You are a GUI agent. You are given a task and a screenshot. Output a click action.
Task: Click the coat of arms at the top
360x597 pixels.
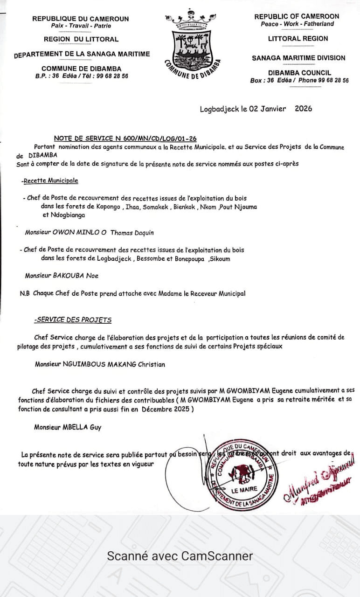192,44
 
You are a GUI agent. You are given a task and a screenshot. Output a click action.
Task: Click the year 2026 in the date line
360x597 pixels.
303,109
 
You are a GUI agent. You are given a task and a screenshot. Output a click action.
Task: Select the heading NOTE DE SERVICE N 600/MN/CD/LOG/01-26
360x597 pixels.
125,138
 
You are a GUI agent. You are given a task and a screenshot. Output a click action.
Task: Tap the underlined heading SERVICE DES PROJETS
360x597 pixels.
73,320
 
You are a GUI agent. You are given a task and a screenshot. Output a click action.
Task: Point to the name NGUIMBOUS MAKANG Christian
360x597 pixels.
114,364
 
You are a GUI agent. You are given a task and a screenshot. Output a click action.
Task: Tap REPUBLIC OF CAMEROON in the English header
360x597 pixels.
297,16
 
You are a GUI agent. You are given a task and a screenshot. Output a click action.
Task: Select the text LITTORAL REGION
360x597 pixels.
298,39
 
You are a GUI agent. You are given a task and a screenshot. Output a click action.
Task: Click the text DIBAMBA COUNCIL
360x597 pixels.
299,73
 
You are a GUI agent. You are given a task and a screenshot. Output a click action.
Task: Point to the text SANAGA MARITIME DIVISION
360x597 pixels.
298,58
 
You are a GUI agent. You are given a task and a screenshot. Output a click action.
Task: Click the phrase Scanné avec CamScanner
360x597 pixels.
180,556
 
